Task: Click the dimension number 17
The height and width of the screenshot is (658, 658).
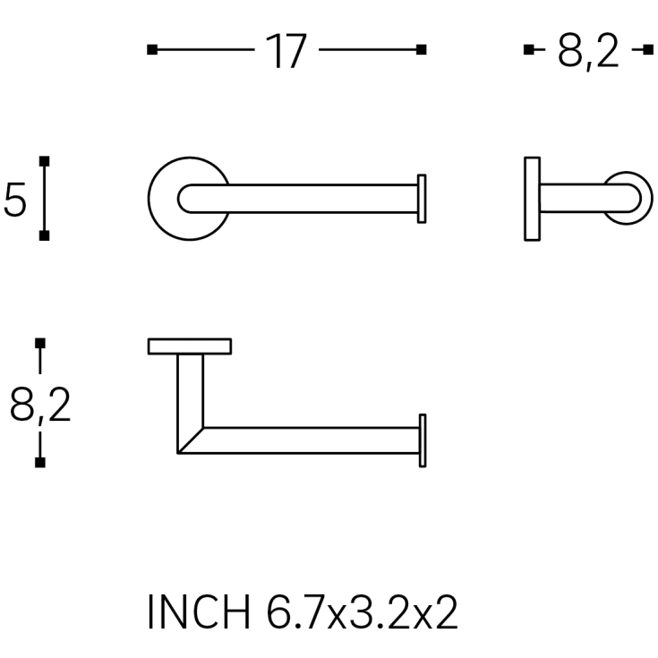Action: [286, 52]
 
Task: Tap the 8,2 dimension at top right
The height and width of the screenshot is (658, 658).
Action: [587, 52]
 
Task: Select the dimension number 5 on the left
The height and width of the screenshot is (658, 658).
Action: [15, 199]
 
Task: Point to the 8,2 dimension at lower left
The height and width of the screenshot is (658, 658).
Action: [40, 404]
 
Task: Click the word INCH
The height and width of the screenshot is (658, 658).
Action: [200, 614]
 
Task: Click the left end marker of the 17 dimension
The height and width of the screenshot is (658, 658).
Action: [151, 49]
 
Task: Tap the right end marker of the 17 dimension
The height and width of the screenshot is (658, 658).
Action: [422, 49]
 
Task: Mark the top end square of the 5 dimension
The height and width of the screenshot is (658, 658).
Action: [44, 162]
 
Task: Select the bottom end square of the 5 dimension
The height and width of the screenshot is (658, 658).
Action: [44, 235]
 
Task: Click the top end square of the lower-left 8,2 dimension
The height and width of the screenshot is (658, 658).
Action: [39, 343]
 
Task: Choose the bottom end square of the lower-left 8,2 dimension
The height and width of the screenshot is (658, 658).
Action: [39, 462]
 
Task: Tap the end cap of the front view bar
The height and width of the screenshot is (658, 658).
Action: [422, 199]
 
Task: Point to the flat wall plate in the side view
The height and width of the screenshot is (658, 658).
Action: [532, 199]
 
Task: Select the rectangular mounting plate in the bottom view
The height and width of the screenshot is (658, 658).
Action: [190, 346]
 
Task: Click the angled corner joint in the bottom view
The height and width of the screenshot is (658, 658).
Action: [191, 439]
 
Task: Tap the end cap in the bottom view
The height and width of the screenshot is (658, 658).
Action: [422, 440]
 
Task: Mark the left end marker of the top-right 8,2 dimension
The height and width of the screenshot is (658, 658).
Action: [528, 49]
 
